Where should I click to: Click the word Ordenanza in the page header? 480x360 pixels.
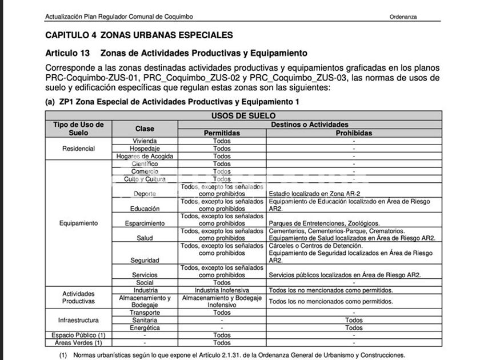(403, 17)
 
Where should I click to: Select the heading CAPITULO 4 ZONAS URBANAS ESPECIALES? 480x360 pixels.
(139, 35)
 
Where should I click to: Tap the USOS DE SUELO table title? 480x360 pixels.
(243, 115)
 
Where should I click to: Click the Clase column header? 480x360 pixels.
(145, 129)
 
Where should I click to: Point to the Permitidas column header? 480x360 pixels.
(222, 133)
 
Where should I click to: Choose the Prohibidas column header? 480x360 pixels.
(354, 133)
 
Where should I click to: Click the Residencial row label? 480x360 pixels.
(79, 149)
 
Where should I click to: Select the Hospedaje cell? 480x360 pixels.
(145, 149)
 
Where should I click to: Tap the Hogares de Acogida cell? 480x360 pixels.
(145, 156)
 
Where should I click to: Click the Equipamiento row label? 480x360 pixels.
(79, 223)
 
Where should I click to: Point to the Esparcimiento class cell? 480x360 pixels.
(145, 223)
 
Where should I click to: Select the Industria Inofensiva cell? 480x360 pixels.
(222, 290)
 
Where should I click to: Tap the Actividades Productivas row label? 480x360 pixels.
(79, 297)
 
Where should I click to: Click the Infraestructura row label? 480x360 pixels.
(79, 320)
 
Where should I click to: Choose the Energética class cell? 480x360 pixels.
(145, 328)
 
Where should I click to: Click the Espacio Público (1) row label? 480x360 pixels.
(79, 335)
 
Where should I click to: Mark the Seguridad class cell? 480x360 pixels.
(145, 261)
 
